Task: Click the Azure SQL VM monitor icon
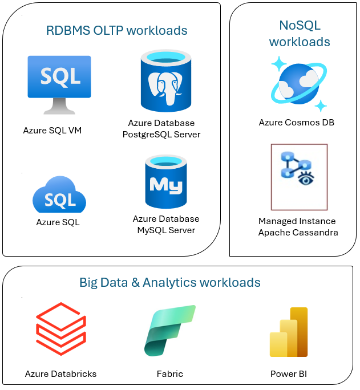pyautogui.click(x=59, y=83)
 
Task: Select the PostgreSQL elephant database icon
pyautogui.click(x=165, y=81)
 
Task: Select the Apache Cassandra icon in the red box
pyautogui.click(x=299, y=176)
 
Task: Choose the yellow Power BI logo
pyautogui.click(x=289, y=332)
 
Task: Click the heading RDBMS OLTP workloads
pyautogui.click(x=117, y=30)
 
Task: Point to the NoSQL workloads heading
pyautogui.click(x=300, y=34)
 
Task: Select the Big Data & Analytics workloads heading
pyautogui.click(x=170, y=282)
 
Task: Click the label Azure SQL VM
pyautogui.click(x=52, y=131)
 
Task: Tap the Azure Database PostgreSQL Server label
pyautogui.click(x=164, y=129)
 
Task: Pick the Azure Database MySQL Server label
pyautogui.click(x=166, y=225)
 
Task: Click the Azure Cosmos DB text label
pyautogui.click(x=297, y=123)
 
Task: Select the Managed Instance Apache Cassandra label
pyautogui.click(x=297, y=226)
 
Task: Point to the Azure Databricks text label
pyautogui.click(x=60, y=374)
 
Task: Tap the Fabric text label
pyautogui.click(x=170, y=374)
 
